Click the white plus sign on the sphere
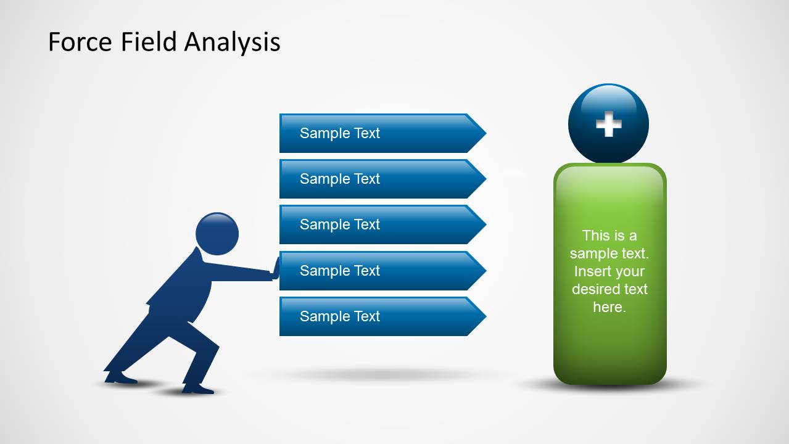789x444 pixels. [608, 125]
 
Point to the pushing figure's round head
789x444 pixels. [217, 234]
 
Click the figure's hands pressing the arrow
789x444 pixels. [276, 269]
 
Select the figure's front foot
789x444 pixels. [197, 389]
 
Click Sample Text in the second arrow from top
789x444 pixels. [339, 179]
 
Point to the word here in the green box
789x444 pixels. [609, 307]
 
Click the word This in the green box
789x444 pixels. [595, 236]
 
